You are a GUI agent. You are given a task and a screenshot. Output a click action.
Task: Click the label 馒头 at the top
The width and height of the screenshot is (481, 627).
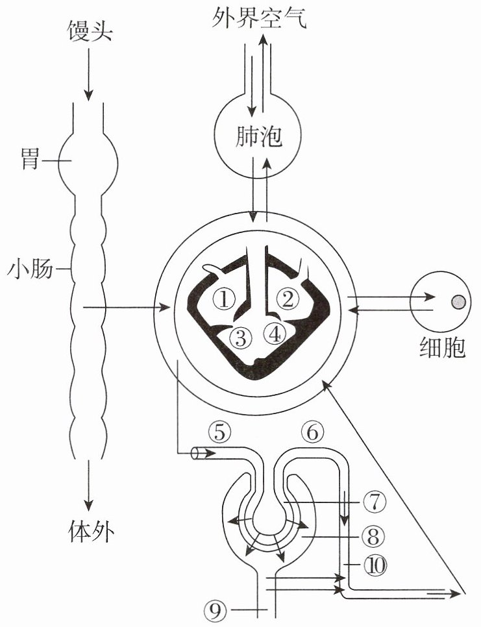click(89, 30)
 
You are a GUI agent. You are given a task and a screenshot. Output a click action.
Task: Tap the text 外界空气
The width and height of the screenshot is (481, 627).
click(260, 18)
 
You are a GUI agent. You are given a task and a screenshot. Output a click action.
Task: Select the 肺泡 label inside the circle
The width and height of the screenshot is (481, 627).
click(259, 137)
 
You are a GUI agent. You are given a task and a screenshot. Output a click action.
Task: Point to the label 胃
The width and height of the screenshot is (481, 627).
click(30, 160)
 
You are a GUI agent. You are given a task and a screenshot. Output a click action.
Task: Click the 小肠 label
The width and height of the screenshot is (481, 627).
click(31, 268)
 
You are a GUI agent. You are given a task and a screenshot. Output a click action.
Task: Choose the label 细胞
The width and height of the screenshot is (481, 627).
click(443, 347)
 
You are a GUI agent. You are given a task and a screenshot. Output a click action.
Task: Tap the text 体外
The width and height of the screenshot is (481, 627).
click(92, 532)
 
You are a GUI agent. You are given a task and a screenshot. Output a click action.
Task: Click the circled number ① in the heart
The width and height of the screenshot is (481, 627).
click(224, 299)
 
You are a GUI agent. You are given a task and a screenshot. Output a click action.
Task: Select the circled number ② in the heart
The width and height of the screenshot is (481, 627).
click(288, 299)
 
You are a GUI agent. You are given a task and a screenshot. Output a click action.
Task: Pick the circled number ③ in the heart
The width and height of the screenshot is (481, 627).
click(241, 338)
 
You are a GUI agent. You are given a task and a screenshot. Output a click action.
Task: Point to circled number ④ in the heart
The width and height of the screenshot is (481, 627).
click(275, 334)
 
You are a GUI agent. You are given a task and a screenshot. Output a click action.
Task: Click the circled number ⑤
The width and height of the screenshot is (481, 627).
click(220, 432)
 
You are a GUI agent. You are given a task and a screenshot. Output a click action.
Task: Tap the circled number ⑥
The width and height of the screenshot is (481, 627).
click(312, 432)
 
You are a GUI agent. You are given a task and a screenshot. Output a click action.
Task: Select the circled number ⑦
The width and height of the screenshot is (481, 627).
click(375, 502)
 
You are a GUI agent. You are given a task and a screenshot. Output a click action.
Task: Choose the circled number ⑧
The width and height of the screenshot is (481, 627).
click(373, 536)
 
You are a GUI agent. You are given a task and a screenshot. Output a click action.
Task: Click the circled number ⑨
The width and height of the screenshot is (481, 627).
click(215, 610)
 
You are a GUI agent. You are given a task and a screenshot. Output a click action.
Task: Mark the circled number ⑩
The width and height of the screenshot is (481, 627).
click(376, 565)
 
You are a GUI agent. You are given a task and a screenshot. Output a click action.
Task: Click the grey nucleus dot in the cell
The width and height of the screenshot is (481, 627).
click(458, 302)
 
